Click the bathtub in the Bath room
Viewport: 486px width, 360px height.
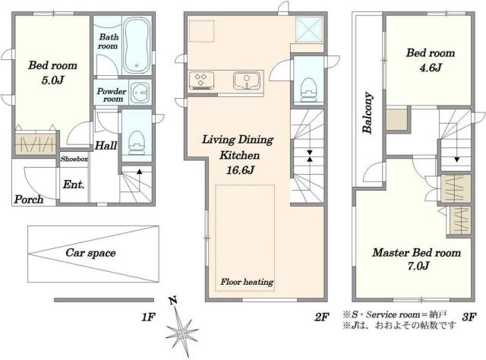[x=137, y=45]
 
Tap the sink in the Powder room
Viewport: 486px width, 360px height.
[x=140, y=92]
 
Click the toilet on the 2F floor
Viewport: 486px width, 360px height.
[x=309, y=89]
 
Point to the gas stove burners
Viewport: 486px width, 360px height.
[x=200, y=80]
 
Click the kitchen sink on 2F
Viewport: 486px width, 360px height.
[x=247, y=81]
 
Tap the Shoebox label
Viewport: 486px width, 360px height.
[x=74, y=159]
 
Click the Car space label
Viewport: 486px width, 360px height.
[x=90, y=253]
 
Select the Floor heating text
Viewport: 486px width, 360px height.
[x=247, y=282]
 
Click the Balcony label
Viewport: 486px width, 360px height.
[x=368, y=112]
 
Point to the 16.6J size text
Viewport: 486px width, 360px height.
[x=240, y=170]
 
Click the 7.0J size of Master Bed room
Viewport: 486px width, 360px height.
[x=418, y=266]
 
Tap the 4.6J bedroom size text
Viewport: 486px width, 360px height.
[x=431, y=68]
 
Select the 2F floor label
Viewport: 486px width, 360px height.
[x=321, y=317]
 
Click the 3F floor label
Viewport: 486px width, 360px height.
[x=469, y=317]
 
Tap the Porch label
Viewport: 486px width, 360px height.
[x=29, y=200]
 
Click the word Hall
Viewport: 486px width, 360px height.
[x=106, y=145]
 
